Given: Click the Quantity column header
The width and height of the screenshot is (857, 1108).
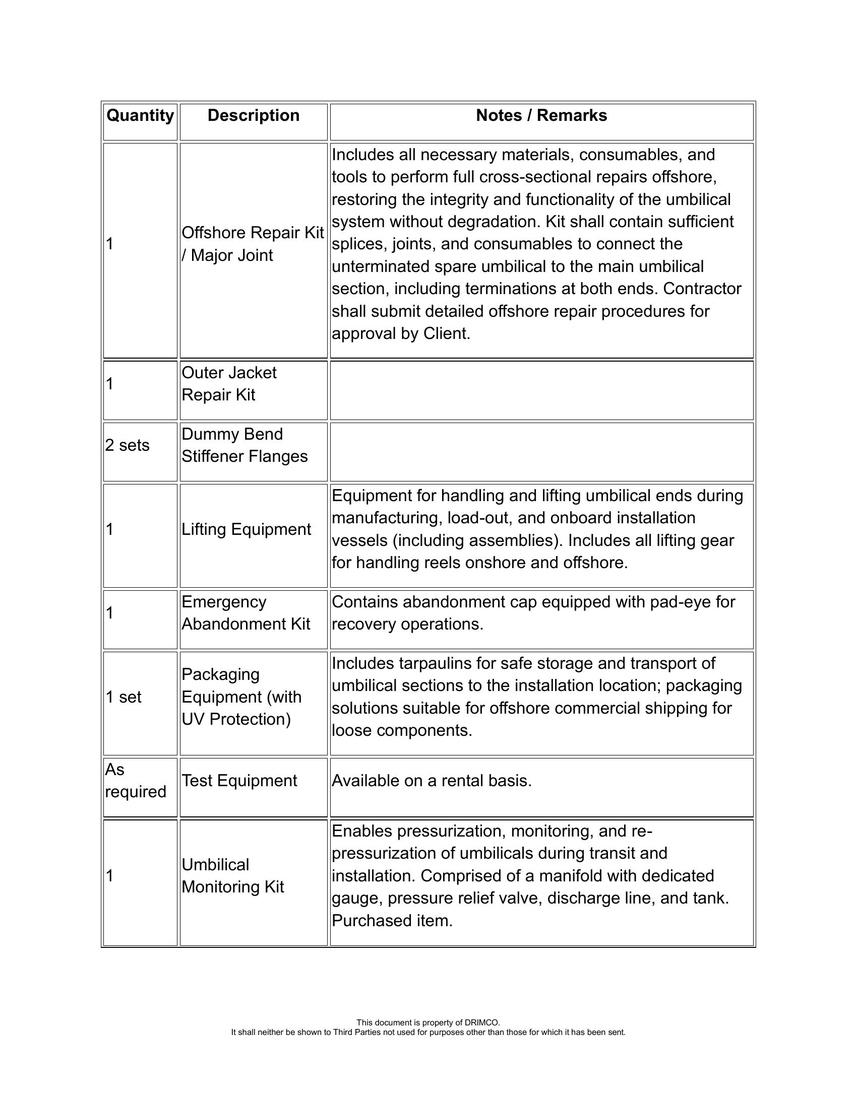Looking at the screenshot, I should coord(140,116).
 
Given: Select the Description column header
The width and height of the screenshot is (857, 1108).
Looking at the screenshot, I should coord(254,116).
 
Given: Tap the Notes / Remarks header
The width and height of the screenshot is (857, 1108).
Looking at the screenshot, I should coord(541,116).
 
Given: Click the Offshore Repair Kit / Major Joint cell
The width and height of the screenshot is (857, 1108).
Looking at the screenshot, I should coord(253,244).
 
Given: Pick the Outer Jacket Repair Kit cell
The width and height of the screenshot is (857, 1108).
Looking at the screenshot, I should coord(229,384).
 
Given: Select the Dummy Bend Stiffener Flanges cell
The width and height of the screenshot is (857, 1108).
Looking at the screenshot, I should coord(244,445).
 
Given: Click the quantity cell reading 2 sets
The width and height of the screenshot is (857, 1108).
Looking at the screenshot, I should coord(128,445).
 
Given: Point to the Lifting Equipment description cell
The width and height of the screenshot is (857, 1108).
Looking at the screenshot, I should coord(246,530).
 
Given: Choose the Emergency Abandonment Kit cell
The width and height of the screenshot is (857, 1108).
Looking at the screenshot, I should coord(246,613).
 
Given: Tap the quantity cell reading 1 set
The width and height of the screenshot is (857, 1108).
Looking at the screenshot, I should coord(124,697).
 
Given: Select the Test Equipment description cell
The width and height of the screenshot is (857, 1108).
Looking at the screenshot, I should coord(239,781).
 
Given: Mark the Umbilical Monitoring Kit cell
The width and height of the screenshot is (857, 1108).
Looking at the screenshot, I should coord(232,876).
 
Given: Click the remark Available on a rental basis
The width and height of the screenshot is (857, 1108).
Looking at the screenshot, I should coord(432,781).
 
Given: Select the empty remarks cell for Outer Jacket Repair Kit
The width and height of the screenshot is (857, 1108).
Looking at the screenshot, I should coord(541,390).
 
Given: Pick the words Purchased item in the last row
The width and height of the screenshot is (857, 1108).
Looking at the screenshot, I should coord(392,921).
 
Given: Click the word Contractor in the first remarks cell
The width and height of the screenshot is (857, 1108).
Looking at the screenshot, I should coord(702,289).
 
